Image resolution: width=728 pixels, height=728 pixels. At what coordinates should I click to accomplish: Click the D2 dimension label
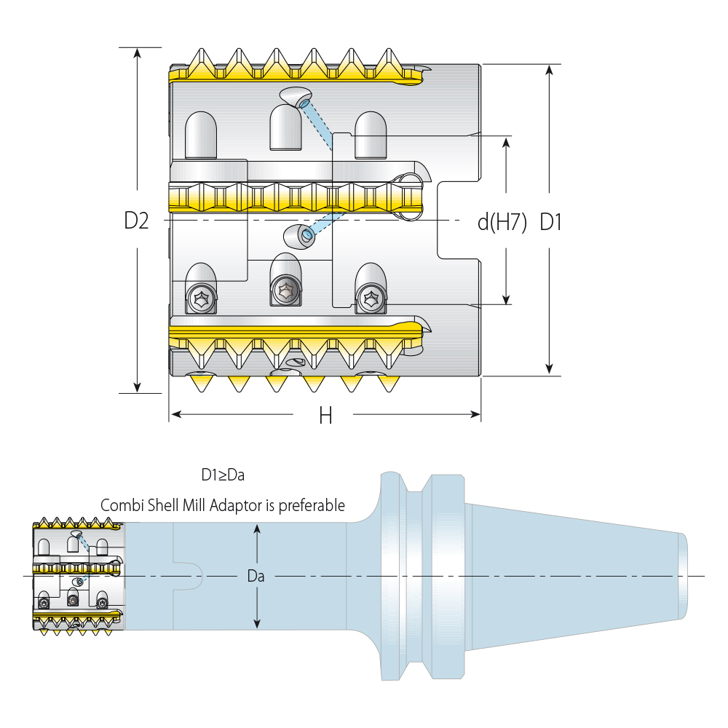[x=136, y=221]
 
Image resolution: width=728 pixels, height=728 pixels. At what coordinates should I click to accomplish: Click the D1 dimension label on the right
[x=551, y=222]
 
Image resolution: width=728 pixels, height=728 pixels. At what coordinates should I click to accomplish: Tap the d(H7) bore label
[x=502, y=222]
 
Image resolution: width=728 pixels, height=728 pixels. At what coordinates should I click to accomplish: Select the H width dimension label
[x=325, y=416]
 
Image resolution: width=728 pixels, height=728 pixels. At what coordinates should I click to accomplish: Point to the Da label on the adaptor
[x=256, y=577]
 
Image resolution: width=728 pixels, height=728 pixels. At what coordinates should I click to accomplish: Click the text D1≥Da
[x=223, y=475]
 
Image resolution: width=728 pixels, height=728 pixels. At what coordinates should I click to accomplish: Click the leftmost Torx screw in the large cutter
[x=201, y=297]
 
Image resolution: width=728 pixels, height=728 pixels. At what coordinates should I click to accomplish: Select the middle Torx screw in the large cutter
[x=285, y=290]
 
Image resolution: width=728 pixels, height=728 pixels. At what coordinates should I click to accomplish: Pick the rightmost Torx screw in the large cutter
[x=370, y=298]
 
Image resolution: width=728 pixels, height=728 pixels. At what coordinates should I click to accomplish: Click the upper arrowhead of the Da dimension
[x=256, y=529]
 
